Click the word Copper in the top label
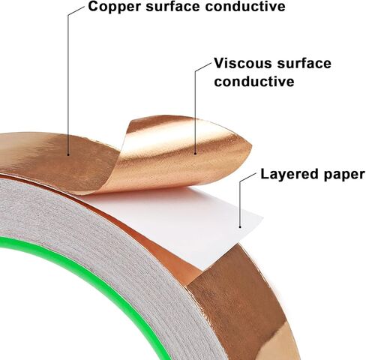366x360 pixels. [x=115, y=7]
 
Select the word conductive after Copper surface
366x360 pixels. [x=245, y=6]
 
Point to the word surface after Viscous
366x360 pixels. [x=304, y=63]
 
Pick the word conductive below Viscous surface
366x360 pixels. [x=254, y=81]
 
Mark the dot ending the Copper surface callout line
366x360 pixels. [x=68, y=154]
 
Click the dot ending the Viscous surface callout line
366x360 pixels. [x=195, y=153]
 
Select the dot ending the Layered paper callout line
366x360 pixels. [x=240, y=227]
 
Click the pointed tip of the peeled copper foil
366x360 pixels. [x=251, y=146]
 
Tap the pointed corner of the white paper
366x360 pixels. [x=263, y=218]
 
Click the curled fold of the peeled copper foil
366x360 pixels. [x=121, y=160]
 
